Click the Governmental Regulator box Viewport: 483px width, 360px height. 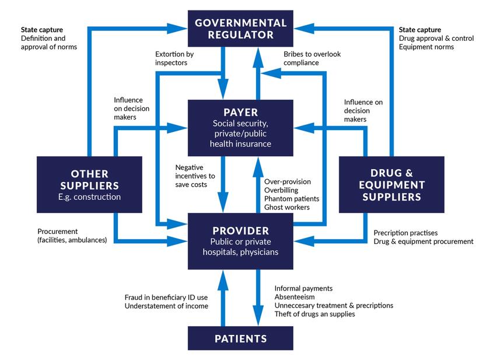tap(241, 29)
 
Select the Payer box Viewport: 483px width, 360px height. tap(241, 127)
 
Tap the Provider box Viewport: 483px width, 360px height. tap(241, 240)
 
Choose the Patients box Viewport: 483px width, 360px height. tap(241, 338)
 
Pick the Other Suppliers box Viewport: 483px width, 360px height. tap(89, 185)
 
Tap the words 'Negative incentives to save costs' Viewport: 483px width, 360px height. tap(195, 176)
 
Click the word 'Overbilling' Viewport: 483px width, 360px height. tap(281, 190)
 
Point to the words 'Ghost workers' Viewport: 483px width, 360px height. tap(286, 207)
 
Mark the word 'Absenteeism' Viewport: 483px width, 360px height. tap(295, 297)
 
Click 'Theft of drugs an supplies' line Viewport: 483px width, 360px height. tap(314, 314)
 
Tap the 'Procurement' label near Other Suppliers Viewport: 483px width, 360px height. tap(57, 232)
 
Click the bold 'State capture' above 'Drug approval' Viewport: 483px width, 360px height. tap(420, 29)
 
